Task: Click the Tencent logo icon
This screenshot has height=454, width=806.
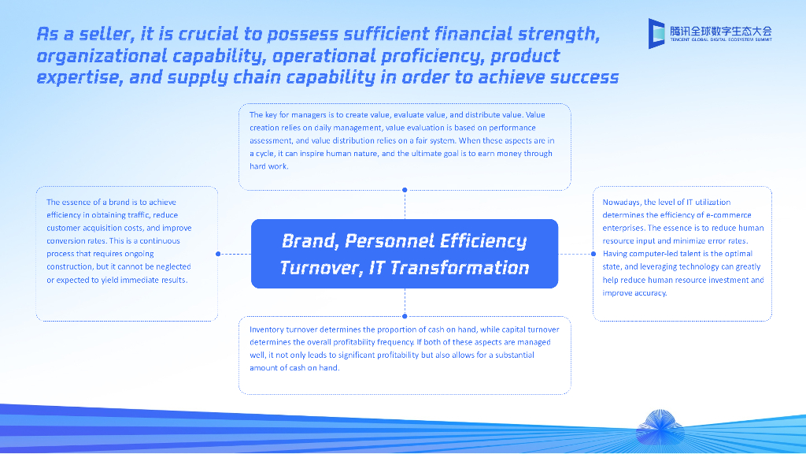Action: [657, 33]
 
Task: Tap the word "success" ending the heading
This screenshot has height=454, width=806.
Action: [585, 77]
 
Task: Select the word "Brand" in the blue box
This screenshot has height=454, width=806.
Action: [310, 241]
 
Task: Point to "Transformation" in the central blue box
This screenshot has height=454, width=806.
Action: [460, 268]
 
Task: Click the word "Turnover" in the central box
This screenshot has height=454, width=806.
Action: [321, 268]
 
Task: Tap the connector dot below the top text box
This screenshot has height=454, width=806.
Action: [405, 190]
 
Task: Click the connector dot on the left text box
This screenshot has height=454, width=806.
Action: [218, 254]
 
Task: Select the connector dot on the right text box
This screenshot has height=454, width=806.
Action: [593, 254]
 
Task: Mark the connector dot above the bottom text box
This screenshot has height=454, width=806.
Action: [405, 316]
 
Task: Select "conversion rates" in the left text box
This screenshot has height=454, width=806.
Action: [77, 241]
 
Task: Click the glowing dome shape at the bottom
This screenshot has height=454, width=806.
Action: [660, 426]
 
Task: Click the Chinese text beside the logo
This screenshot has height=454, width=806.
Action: [721, 31]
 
